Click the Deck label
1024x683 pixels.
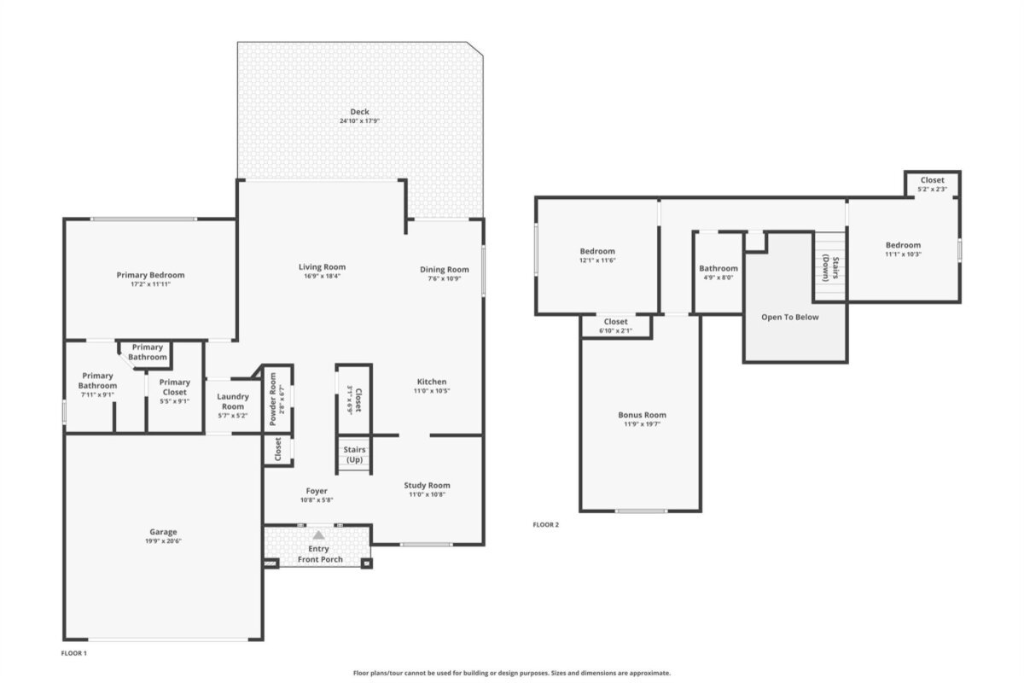click(359, 111)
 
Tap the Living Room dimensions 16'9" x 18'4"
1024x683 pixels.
click(322, 277)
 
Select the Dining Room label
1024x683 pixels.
click(445, 270)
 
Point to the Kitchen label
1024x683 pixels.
click(432, 382)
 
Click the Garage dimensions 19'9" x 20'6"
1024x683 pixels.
click(163, 541)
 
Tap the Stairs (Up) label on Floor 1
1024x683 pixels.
click(354, 455)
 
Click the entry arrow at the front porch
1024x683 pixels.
click(318, 534)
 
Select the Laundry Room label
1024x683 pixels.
click(233, 401)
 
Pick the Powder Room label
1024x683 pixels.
click(273, 399)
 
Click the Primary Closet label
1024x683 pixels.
click(175, 387)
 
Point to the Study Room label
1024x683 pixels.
click(427, 486)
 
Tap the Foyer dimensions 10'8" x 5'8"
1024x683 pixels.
click(317, 500)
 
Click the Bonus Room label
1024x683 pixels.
click(642, 415)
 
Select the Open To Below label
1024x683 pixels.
click(790, 317)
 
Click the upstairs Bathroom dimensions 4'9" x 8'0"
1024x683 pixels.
click(719, 277)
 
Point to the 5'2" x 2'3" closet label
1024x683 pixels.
click(932, 189)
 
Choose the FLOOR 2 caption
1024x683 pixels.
click(546, 525)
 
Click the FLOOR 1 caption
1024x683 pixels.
click(73, 653)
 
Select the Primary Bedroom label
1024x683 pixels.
click(150, 275)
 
